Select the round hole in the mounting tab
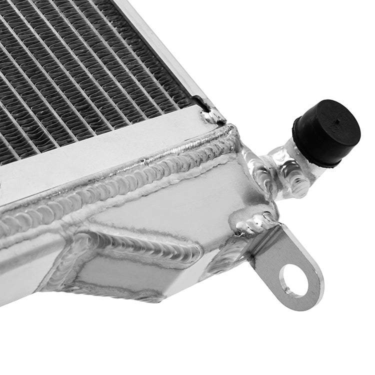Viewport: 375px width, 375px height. (294, 280)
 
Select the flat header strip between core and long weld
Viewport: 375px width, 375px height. (100, 160)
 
